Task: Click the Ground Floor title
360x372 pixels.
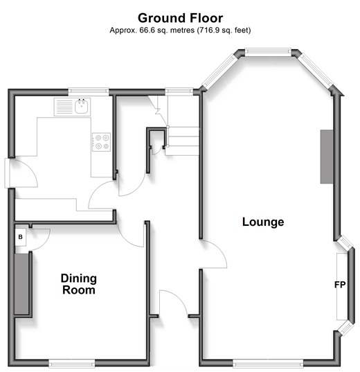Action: tap(180, 18)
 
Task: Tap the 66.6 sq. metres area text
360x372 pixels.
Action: tap(167, 30)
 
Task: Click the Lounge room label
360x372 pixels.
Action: tap(263, 222)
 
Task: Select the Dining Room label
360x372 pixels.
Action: tap(79, 284)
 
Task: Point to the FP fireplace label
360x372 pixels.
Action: tap(340, 285)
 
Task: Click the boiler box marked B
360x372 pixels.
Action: tap(20, 237)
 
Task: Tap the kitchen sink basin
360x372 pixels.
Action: tap(82, 107)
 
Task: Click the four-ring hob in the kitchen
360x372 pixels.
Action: tap(101, 142)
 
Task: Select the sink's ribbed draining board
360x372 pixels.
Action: tap(64, 107)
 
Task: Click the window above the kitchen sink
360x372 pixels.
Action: tap(88, 91)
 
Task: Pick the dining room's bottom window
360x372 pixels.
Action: tap(71, 363)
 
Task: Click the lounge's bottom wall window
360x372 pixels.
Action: tap(268, 363)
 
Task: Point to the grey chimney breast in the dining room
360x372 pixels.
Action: tap(21, 284)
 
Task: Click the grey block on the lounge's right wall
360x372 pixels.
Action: tap(327, 157)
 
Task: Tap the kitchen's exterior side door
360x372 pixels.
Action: tap(9, 172)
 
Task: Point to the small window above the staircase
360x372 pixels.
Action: tap(179, 91)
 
